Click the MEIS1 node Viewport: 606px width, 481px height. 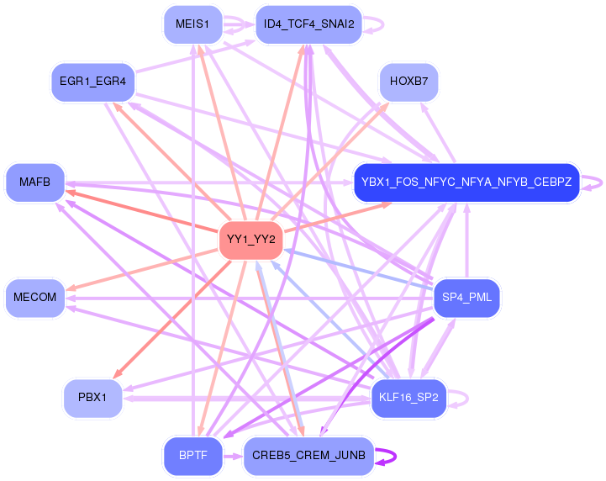point(192,24)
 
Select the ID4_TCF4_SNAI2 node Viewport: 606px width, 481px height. point(308,24)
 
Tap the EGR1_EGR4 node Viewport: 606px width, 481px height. point(92,82)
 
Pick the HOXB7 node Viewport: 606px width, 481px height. point(408,82)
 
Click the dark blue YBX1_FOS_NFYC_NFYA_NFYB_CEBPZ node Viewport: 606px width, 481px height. point(466,182)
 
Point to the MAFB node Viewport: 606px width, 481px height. point(34,182)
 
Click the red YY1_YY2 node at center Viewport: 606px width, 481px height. point(250,240)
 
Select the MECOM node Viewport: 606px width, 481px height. point(34,298)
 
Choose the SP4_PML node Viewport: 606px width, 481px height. point(466,298)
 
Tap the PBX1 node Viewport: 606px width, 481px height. point(92,398)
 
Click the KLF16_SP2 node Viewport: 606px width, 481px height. point(408,398)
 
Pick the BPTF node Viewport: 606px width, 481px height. point(192,456)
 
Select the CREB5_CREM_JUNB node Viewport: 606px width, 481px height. point(308,456)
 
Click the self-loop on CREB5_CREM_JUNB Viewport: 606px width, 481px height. point(395,457)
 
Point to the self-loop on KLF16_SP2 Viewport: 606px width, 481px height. point(467,399)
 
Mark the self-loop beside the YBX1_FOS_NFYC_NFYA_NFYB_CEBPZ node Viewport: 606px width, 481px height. point(601,182)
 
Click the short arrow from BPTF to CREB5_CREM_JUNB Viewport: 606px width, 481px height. point(233,457)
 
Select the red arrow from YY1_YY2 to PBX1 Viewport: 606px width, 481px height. point(172,319)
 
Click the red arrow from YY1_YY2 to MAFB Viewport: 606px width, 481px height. point(142,211)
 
